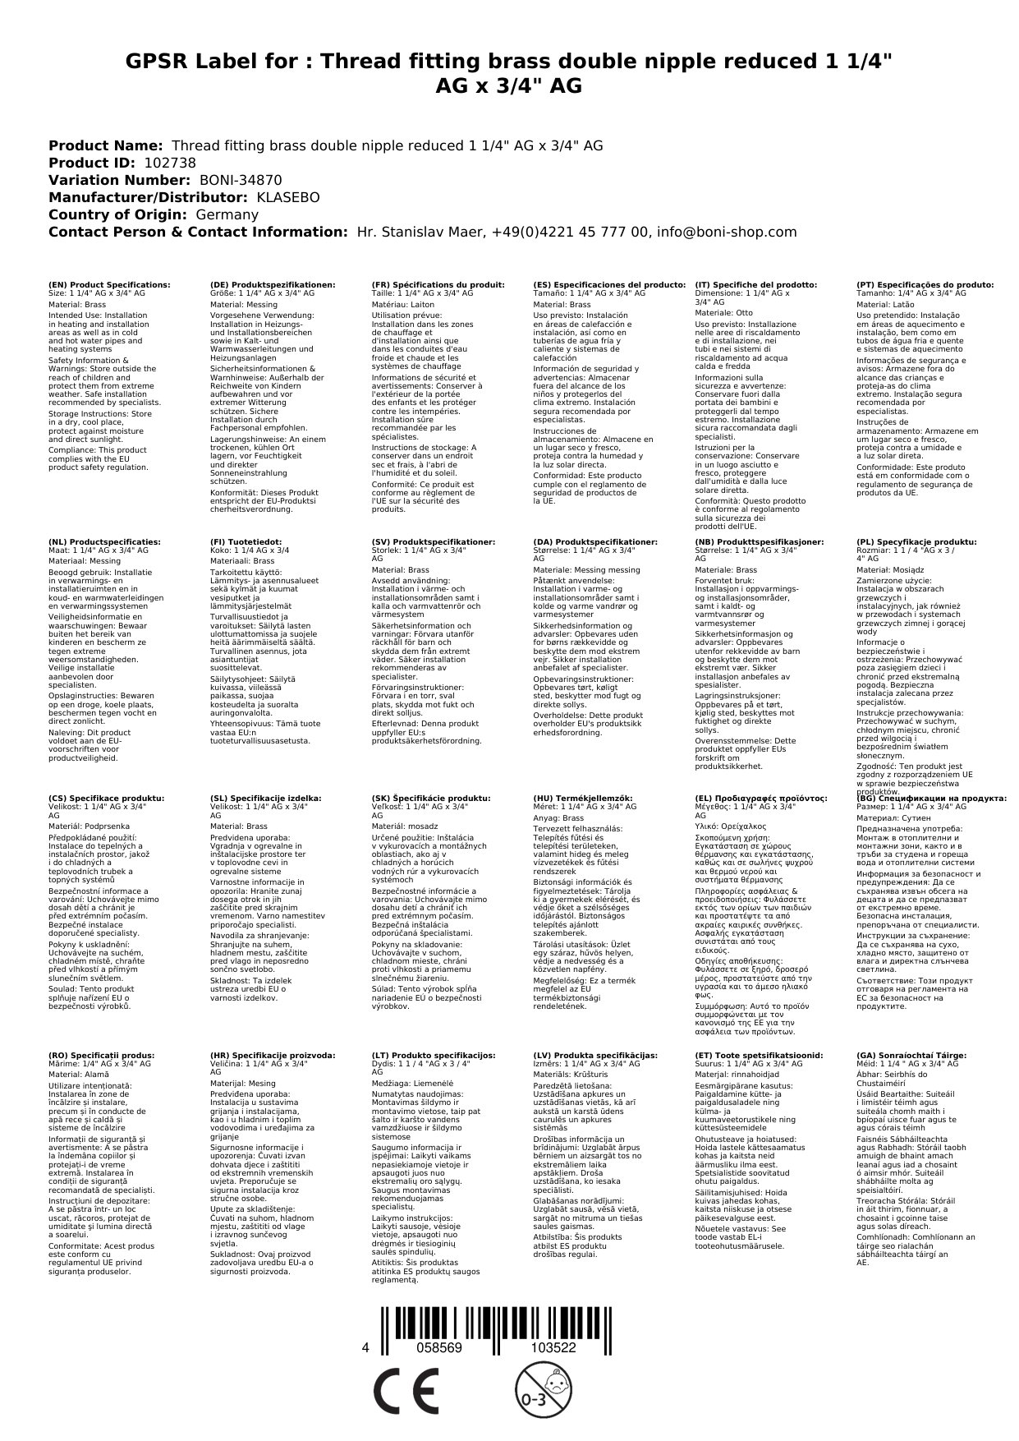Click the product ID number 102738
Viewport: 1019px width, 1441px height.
[170, 163]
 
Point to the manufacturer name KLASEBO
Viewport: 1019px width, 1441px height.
[288, 197]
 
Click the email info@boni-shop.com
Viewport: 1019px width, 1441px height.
[732, 232]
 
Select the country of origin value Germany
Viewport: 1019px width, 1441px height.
[227, 214]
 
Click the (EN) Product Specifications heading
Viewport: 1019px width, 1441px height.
[109, 284]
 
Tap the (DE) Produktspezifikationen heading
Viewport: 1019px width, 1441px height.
[273, 284]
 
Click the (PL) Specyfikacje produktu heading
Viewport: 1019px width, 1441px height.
[916, 542]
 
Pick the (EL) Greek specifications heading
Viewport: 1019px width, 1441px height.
[761, 798]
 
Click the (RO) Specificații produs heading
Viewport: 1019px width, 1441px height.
[101, 1055]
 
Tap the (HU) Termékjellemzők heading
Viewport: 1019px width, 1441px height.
[583, 798]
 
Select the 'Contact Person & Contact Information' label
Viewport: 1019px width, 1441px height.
[198, 232]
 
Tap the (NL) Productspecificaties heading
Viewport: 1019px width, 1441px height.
[104, 542]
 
